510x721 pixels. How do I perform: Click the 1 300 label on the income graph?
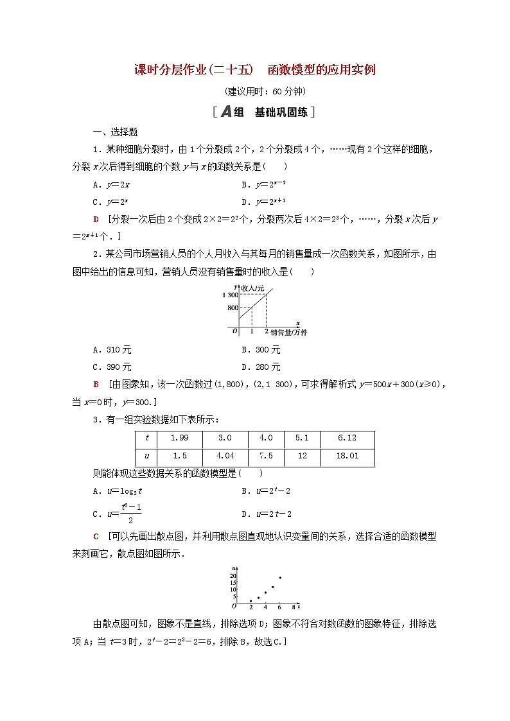[x=228, y=295]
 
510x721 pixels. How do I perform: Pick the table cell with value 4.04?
[x=225, y=456]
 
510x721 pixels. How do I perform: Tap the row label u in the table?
[x=147, y=456]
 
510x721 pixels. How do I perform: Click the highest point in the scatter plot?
[x=279, y=578]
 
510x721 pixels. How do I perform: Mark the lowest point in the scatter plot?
[x=251, y=601]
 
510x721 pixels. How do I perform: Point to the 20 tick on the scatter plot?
[x=234, y=575]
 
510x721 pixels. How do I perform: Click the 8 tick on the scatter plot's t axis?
[x=294, y=607]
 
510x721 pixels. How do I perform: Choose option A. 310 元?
[x=112, y=350]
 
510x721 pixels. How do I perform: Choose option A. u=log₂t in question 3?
[x=117, y=491]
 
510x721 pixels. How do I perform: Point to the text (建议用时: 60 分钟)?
[x=254, y=91]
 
